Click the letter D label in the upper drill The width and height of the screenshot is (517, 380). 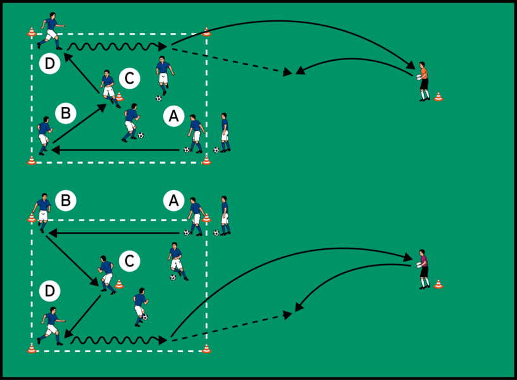pos(49,63)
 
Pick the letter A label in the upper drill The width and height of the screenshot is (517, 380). pos(173,115)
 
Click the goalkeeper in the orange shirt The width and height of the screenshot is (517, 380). pos(423,81)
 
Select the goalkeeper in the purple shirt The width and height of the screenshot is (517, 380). pos(423,269)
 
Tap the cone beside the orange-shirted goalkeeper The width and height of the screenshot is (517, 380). pos(439,97)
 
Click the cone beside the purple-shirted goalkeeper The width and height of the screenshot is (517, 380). pos(439,284)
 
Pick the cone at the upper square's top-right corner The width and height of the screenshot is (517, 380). pos(206,31)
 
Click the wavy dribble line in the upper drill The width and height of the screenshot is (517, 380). pos(114,46)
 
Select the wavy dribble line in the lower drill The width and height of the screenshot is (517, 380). pos(116,340)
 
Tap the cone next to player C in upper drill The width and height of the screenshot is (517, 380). pos(120,97)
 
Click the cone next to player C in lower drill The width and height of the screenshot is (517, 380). pos(120,284)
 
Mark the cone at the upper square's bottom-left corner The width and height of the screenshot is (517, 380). pos(32,160)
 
